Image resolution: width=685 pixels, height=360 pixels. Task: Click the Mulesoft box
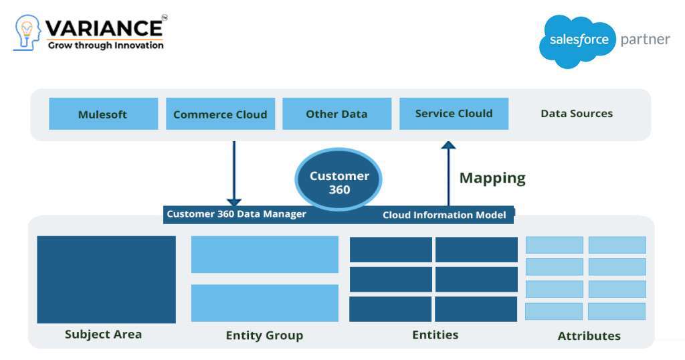(x=103, y=114)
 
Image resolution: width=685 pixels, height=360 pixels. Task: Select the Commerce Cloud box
(x=219, y=114)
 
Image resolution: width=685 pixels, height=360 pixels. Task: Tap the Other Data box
(x=336, y=114)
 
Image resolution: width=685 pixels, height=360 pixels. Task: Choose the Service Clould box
(x=454, y=114)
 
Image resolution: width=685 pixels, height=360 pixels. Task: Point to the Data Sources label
(x=576, y=114)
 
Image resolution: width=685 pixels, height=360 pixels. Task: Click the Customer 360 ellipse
(x=339, y=181)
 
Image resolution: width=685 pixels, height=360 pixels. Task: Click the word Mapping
(x=492, y=178)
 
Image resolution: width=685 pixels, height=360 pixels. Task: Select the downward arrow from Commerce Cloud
(x=233, y=173)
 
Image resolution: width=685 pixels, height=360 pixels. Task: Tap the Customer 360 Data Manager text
(x=236, y=214)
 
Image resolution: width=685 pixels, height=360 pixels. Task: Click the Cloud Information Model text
(x=444, y=215)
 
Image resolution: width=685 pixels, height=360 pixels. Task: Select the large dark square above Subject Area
(x=106, y=279)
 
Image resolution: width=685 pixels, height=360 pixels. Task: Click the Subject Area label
(x=103, y=334)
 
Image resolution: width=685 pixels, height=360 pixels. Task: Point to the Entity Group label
(x=264, y=335)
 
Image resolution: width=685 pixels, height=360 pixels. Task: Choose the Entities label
(x=435, y=335)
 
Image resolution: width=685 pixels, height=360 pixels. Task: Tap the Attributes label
(x=589, y=336)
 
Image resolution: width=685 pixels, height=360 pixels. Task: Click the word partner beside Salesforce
(x=645, y=39)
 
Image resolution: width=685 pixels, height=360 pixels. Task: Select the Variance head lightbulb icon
(x=27, y=32)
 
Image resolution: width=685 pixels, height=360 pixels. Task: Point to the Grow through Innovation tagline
(x=105, y=46)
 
